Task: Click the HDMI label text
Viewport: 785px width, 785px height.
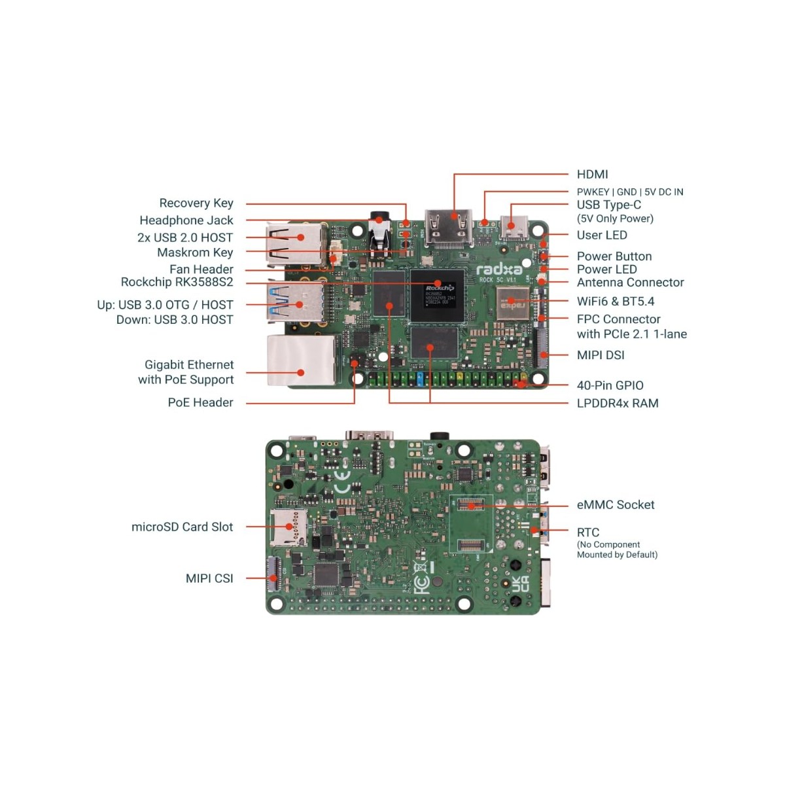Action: [592, 174]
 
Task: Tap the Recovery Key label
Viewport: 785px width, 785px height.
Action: [196, 203]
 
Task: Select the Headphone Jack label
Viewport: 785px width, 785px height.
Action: [186, 220]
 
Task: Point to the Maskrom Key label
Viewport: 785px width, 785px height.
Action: [195, 253]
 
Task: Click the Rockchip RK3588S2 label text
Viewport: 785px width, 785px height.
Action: [177, 282]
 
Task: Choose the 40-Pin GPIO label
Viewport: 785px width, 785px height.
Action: [610, 385]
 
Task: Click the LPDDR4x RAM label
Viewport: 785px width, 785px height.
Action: [617, 403]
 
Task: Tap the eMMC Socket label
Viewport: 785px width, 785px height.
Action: [615, 504]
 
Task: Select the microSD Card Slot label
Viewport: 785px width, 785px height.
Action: [182, 527]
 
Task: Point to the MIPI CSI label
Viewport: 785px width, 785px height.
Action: [209, 578]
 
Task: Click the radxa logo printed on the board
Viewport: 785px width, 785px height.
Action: [499, 270]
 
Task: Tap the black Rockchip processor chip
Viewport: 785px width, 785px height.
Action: [438, 295]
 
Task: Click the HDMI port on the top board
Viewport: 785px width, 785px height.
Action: [449, 224]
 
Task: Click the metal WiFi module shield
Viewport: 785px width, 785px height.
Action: [513, 304]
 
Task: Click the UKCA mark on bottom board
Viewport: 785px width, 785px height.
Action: [520, 584]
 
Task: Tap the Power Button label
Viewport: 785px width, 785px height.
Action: [614, 256]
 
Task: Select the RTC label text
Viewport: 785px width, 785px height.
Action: [587, 532]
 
